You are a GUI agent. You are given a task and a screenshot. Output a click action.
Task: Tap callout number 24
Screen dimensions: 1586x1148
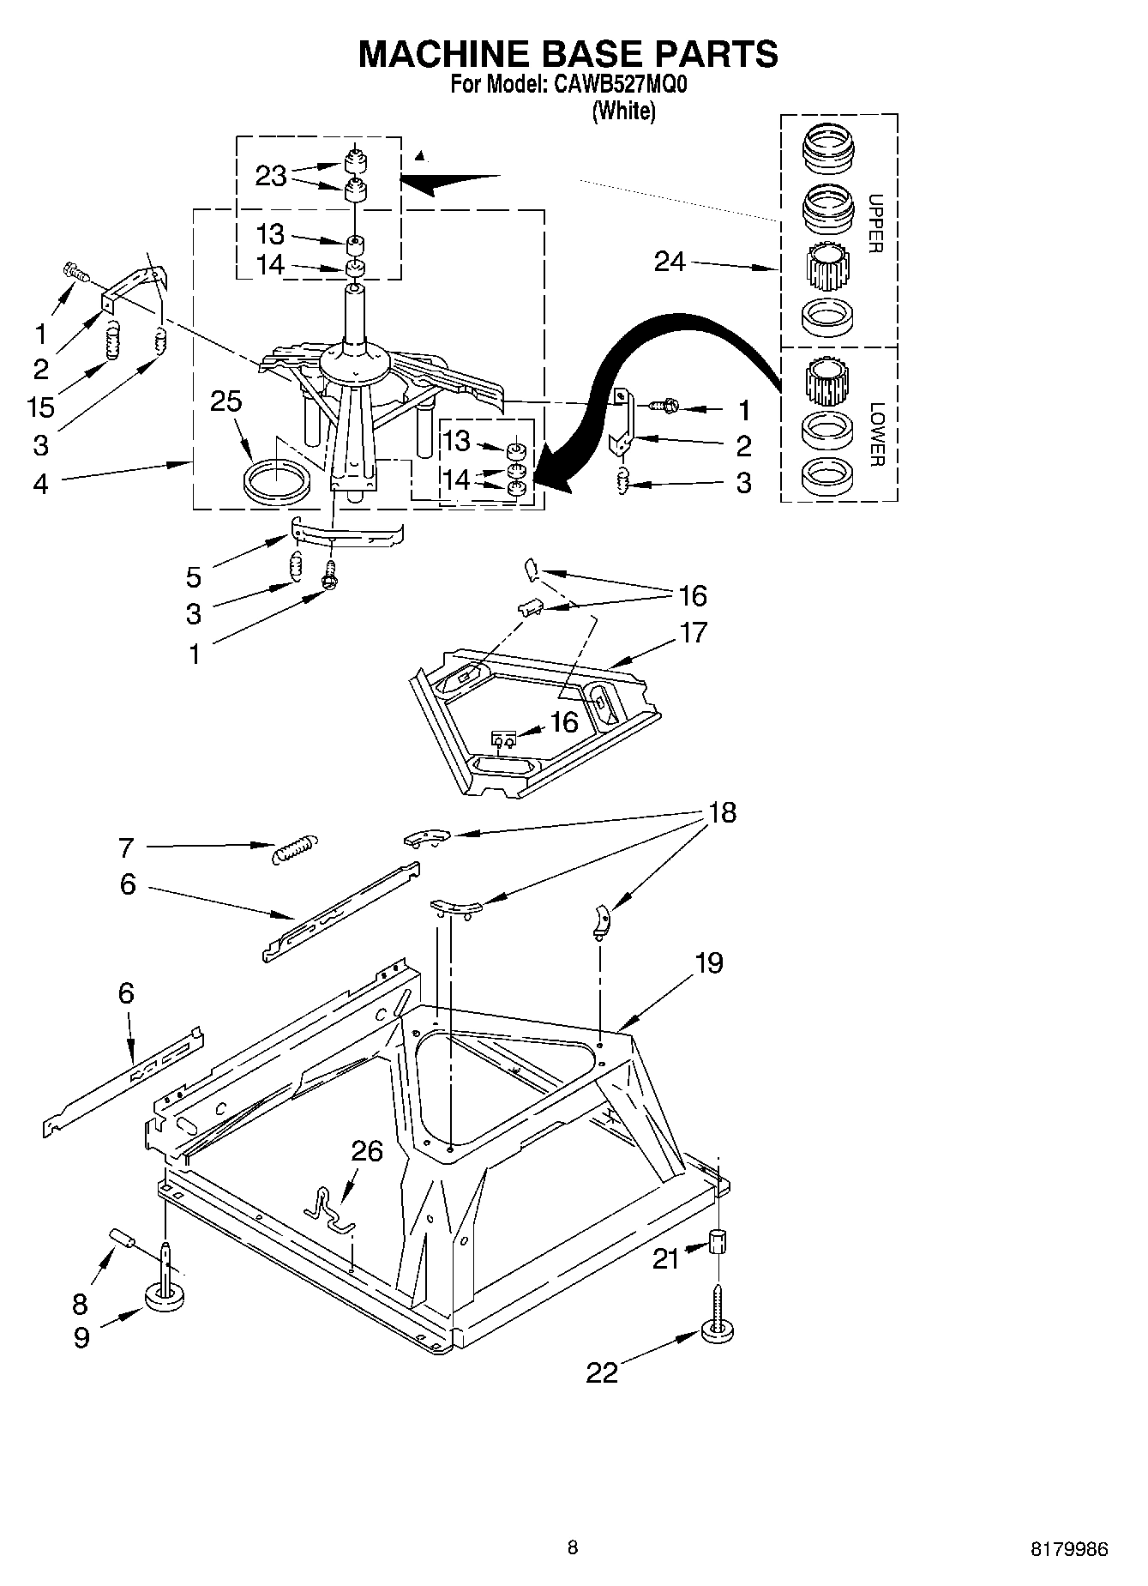670,262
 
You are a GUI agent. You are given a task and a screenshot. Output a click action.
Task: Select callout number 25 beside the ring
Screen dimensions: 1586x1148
226,401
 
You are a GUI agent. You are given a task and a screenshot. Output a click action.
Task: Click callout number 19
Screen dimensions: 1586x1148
708,962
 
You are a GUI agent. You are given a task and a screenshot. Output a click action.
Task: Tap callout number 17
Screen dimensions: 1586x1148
693,633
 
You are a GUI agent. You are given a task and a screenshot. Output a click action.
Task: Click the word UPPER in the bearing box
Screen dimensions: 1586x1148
875,225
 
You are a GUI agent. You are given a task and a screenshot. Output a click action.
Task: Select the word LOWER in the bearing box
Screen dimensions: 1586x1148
875,434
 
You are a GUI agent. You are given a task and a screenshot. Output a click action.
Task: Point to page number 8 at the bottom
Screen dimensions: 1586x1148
573,1547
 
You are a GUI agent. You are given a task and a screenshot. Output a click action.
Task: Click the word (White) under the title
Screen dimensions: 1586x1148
624,111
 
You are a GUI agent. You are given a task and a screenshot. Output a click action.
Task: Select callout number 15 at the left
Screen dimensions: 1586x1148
40,407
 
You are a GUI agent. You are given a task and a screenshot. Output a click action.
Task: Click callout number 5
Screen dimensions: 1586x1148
194,577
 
